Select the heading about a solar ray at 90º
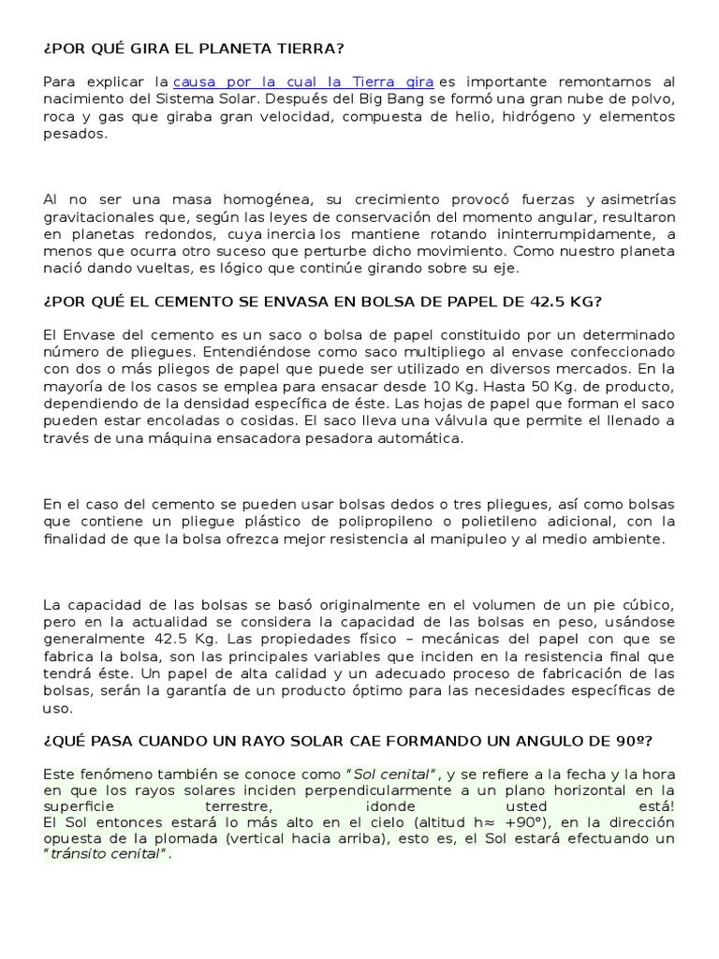coord(347,741)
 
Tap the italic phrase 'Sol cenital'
coord(391,775)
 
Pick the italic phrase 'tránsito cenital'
coord(108,856)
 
